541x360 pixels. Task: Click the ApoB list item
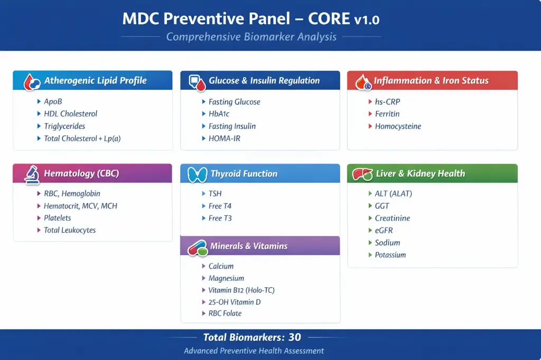click(x=53, y=101)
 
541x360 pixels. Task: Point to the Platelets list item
click(x=57, y=218)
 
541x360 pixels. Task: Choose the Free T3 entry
click(x=220, y=218)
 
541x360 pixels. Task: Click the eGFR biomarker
click(x=384, y=231)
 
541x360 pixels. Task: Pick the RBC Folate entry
click(x=225, y=314)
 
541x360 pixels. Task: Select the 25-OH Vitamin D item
click(x=234, y=302)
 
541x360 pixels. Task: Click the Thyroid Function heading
click(x=244, y=174)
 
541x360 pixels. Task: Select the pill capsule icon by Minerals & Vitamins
click(x=197, y=247)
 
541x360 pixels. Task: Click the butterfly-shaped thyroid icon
click(x=197, y=174)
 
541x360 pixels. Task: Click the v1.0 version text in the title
click(x=367, y=20)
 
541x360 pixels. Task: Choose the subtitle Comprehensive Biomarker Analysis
click(x=251, y=37)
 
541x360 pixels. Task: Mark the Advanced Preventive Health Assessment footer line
click(x=254, y=351)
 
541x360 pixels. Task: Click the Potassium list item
click(x=390, y=255)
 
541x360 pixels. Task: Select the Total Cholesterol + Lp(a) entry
click(x=82, y=138)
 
